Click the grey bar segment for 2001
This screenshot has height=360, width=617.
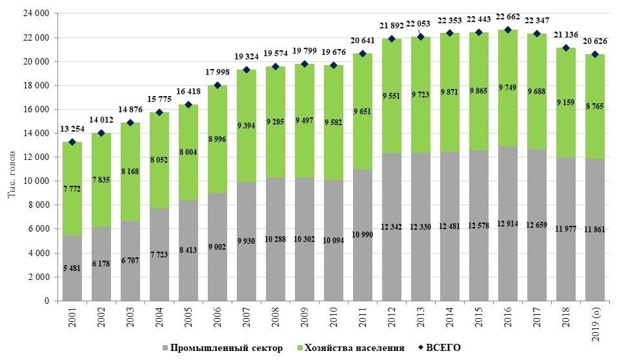coord(72,268)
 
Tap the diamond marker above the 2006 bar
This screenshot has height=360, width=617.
coord(217,85)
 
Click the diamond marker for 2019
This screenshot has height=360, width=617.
coord(595,54)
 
